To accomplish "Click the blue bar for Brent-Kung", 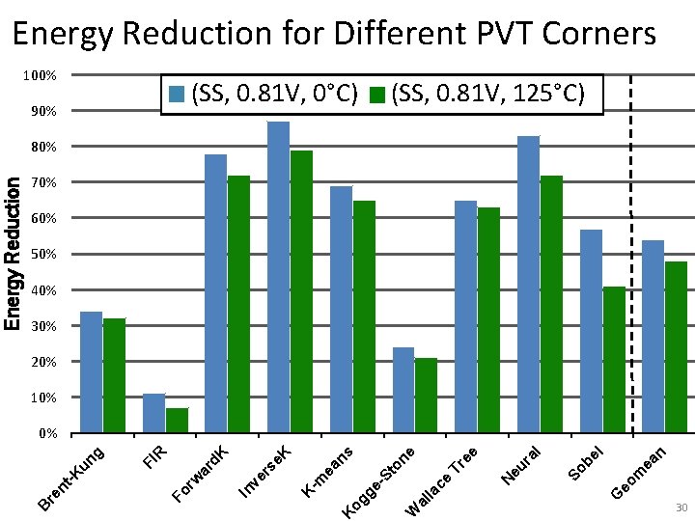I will (x=91, y=372).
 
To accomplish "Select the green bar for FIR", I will (x=177, y=421).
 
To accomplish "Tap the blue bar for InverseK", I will (x=278, y=278).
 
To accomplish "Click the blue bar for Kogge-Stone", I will (x=403, y=390).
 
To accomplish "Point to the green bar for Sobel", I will (x=614, y=360).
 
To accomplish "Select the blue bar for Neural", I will (x=528, y=285).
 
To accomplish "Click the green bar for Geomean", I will (x=676, y=347).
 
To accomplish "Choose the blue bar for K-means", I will (x=341, y=310).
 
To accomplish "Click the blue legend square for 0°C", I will (x=177, y=95).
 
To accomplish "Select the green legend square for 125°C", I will (x=377, y=95).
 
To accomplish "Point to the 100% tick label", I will (x=41, y=75).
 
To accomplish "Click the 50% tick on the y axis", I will (x=43, y=255).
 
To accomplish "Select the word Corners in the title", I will (x=599, y=34).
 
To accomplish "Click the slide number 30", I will (x=680, y=507).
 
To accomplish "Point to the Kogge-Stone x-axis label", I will (x=381, y=480).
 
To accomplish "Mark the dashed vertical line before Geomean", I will (x=630, y=251).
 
